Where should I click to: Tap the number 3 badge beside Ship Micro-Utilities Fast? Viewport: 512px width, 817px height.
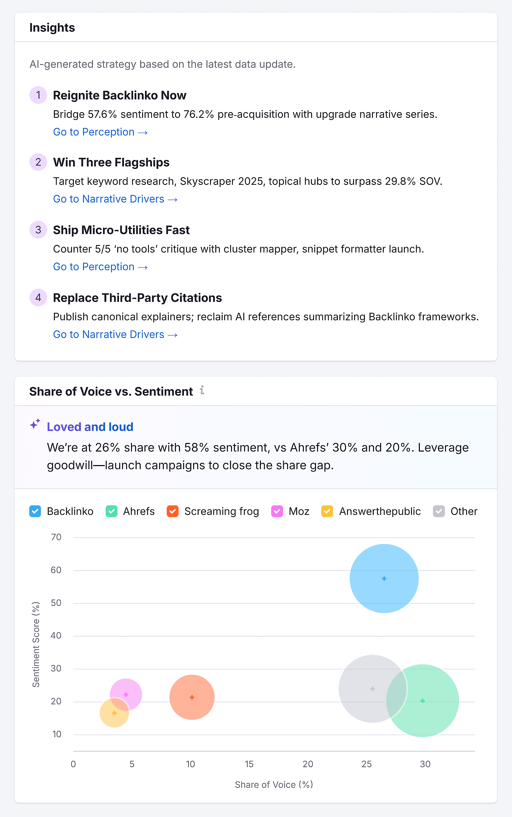[38, 230]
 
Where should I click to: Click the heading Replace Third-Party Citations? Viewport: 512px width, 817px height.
[137, 298]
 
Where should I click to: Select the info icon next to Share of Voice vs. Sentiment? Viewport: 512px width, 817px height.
[202, 390]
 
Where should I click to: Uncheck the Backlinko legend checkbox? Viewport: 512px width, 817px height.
[35, 511]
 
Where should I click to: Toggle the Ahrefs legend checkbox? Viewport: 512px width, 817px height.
[111, 511]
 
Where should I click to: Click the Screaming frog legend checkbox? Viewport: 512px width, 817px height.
[173, 511]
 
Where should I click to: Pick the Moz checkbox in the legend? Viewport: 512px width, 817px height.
[277, 511]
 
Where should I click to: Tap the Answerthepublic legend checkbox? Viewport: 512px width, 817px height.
[327, 511]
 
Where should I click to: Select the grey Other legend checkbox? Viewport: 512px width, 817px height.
[439, 511]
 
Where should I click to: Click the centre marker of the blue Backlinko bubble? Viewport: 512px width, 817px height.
[384, 578]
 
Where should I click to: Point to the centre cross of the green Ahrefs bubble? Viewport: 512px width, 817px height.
[423, 701]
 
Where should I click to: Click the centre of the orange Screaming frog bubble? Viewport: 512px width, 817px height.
[192, 697]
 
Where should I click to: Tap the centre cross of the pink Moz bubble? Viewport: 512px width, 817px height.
[126, 695]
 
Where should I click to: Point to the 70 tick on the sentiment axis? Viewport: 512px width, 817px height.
[56, 537]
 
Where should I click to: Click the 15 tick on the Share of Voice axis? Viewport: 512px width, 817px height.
[249, 764]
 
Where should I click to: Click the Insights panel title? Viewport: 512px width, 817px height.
[52, 27]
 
